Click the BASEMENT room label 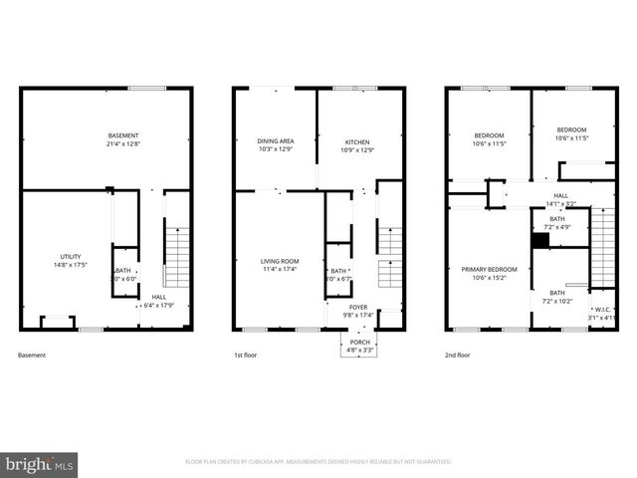tap(124, 135)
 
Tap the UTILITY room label tap(70, 256)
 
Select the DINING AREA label tap(274, 141)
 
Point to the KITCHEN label tap(357, 141)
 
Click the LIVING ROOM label tap(280, 261)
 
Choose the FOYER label tap(357, 307)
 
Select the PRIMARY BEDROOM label tap(488, 269)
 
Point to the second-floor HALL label tap(561, 195)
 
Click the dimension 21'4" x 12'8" tap(124, 143)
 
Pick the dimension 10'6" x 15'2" tap(488, 278)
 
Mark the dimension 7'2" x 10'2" tap(557, 301)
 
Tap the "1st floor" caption tap(245, 356)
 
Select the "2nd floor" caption tap(458, 356)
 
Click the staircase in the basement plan tap(175, 254)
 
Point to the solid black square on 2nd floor tap(540, 240)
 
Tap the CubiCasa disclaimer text tap(318, 462)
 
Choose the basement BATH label tap(123, 270)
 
